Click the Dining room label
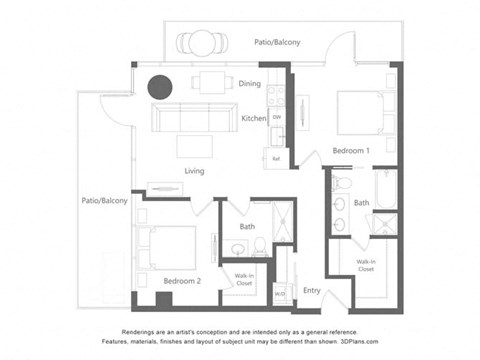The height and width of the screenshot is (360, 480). pyautogui.click(x=250, y=84)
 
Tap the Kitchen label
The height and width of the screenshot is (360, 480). pyautogui.click(x=254, y=118)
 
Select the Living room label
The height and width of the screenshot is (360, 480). pyautogui.click(x=194, y=171)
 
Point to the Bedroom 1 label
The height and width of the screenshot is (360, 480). pyautogui.click(x=351, y=151)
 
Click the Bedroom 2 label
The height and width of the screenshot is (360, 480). pyautogui.click(x=182, y=281)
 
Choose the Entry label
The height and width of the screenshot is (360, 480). pyautogui.click(x=312, y=291)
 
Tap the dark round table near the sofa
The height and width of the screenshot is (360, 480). pyautogui.click(x=160, y=87)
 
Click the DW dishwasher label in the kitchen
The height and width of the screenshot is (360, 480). pyautogui.click(x=276, y=118)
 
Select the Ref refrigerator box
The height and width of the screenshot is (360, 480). pyautogui.click(x=276, y=158)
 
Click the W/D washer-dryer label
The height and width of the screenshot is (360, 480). pyautogui.click(x=280, y=293)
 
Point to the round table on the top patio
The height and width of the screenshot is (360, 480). pyautogui.click(x=203, y=42)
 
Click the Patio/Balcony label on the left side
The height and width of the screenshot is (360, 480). pyautogui.click(x=105, y=201)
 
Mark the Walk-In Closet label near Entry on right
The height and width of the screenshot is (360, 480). pyautogui.click(x=366, y=266)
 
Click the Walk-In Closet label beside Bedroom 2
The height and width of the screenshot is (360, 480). pyautogui.click(x=244, y=279)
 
